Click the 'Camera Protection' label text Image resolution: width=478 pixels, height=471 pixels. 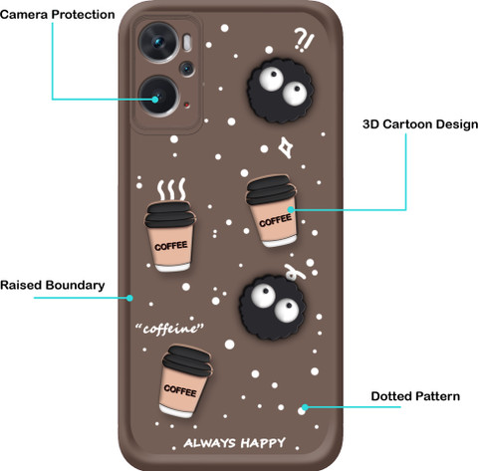pyautogui.click(x=58, y=15)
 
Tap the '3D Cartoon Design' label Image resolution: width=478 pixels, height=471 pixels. pyautogui.click(x=420, y=124)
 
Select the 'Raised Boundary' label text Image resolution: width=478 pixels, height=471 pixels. pyautogui.click(x=53, y=285)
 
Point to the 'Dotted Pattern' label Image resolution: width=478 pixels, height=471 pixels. pyautogui.click(x=415, y=396)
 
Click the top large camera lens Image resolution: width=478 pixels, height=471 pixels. pyautogui.click(x=158, y=42)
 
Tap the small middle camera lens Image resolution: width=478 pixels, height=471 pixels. pyautogui.click(x=187, y=69)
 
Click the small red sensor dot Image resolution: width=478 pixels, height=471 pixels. pyautogui.click(x=187, y=106)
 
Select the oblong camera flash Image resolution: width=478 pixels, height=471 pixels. pyautogui.click(x=187, y=43)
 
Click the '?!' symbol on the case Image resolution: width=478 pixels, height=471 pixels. pyautogui.click(x=304, y=41)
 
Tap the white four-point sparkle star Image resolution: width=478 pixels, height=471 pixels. pyautogui.click(x=285, y=147)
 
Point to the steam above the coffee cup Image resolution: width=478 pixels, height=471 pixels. pyautogui.click(x=171, y=189)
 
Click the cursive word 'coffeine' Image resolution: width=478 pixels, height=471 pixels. pyautogui.click(x=169, y=329)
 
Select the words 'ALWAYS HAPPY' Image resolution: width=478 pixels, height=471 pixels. pyautogui.click(x=234, y=443)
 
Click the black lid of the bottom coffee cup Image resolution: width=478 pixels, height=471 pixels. pyautogui.click(x=187, y=361)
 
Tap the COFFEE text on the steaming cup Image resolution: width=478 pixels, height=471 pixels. pyautogui.click(x=171, y=246)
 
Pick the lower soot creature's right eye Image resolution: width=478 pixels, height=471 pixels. pyautogui.click(x=286, y=310)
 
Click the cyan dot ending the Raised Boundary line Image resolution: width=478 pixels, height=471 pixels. pyautogui.click(x=129, y=298)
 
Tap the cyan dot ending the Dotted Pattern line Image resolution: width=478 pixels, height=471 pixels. pyautogui.click(x=305, y=407)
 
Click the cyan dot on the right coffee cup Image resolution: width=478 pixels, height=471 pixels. pyautogui.click(x=291, y=209)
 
